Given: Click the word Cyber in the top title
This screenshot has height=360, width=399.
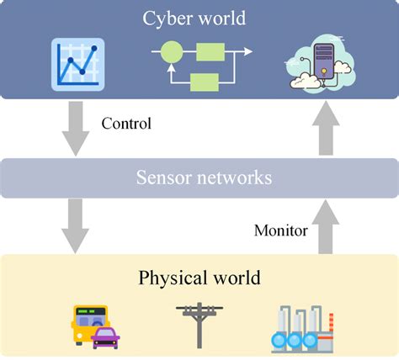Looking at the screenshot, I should (x=169, y=18).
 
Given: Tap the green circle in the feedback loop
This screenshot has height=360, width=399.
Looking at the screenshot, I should (x=171, y=51).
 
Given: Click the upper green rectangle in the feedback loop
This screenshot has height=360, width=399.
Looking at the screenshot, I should (x=210, y=51).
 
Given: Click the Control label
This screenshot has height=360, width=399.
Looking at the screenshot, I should (x=126, y=124).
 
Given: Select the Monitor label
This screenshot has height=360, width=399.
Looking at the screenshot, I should (x=280, y=229).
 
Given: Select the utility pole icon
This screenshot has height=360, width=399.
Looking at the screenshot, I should (x=199, y=324).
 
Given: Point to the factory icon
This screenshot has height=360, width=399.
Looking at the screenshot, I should (x=303, y=328).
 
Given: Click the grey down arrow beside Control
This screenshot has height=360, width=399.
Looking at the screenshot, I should (x=77, y=127).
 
